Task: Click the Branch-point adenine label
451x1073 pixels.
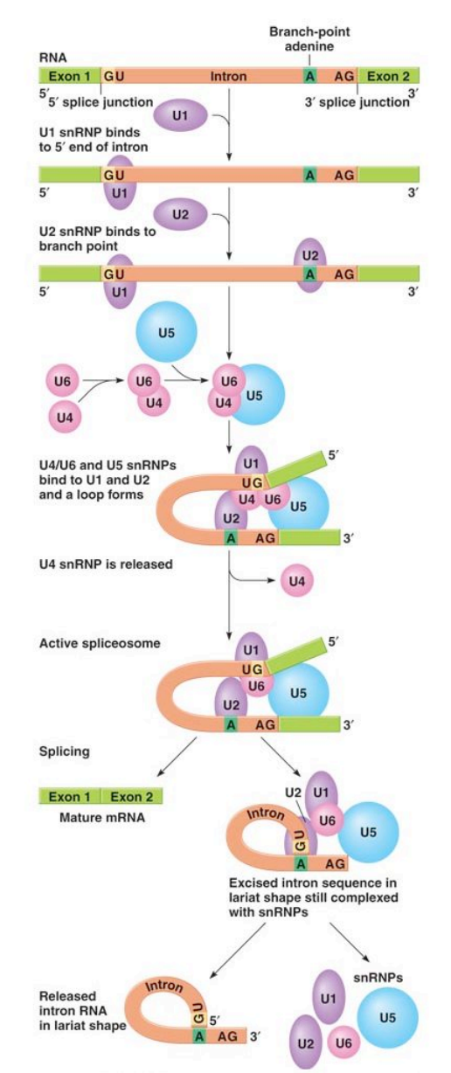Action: tap(309, 38)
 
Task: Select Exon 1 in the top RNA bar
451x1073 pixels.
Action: tap(70, 76)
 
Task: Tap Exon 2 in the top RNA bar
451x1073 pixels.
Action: tap(388, 76)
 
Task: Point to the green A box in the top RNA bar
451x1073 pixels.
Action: tap(310, 76)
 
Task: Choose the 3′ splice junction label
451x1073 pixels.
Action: tap(357, 102)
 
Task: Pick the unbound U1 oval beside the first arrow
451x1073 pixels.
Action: tap(180, 115)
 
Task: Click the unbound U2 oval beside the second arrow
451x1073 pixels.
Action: tap(180, 214)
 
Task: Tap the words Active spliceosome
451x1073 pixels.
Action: tap(100, 643)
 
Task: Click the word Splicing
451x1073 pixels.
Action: tap(64, 751)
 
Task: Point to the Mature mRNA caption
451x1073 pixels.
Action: tap(101, 817)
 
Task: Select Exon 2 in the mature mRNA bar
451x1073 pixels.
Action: tap(132, 797)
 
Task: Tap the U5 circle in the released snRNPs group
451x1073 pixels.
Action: tap(387, 1017)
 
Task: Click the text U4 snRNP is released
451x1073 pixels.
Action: tap(106, 564)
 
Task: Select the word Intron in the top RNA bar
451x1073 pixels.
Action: tap(229, 76)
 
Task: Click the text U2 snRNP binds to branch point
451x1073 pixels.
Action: tap(97, 239)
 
